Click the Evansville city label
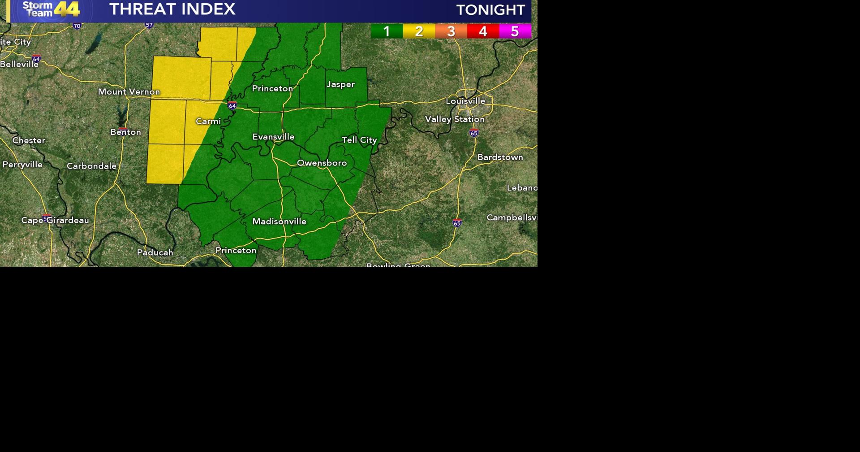(273, 137)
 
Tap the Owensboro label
(322, 163)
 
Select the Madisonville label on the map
(279, 222)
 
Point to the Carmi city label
(208, 122)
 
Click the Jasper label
(340, 84)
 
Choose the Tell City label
(359, 140)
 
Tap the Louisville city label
(465, 101)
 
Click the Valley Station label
(455, 119)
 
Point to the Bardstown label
(500, 157)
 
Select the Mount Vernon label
(129, 92)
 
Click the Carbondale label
(91, 166)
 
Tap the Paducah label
(155, 252)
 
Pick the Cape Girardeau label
(55, 220)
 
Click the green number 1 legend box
(387, 31)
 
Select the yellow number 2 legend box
(419, 31)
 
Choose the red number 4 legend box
(483, 31)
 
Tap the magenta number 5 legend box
(515, 31)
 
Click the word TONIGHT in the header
(490, 10)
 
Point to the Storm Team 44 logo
(51, 9)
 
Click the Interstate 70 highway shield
(77, 26)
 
